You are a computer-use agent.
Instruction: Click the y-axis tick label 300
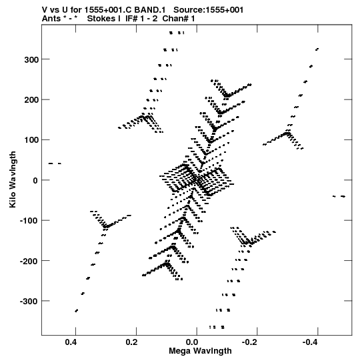point(31,59)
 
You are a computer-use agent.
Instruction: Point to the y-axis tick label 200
point(31,100)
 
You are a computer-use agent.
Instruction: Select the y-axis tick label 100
point(31,140)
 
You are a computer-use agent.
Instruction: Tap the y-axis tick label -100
point(29,221)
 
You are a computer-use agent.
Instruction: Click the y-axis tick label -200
point(29,261)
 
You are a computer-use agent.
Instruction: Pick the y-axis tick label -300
point(29,301)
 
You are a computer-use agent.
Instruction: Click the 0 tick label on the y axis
point(35,180)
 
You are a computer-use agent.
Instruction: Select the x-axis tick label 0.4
point(71,342)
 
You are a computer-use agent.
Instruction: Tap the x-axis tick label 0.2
point(132,342)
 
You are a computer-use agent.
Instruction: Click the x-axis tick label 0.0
point(192,342)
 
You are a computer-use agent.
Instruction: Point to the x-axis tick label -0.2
point(251,342)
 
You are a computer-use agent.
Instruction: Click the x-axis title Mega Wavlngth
point(200,351)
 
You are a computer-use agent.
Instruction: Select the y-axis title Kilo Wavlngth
point(13,179)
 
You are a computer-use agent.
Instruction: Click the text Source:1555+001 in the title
point(209,10)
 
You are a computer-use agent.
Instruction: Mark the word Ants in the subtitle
point(51,19)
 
